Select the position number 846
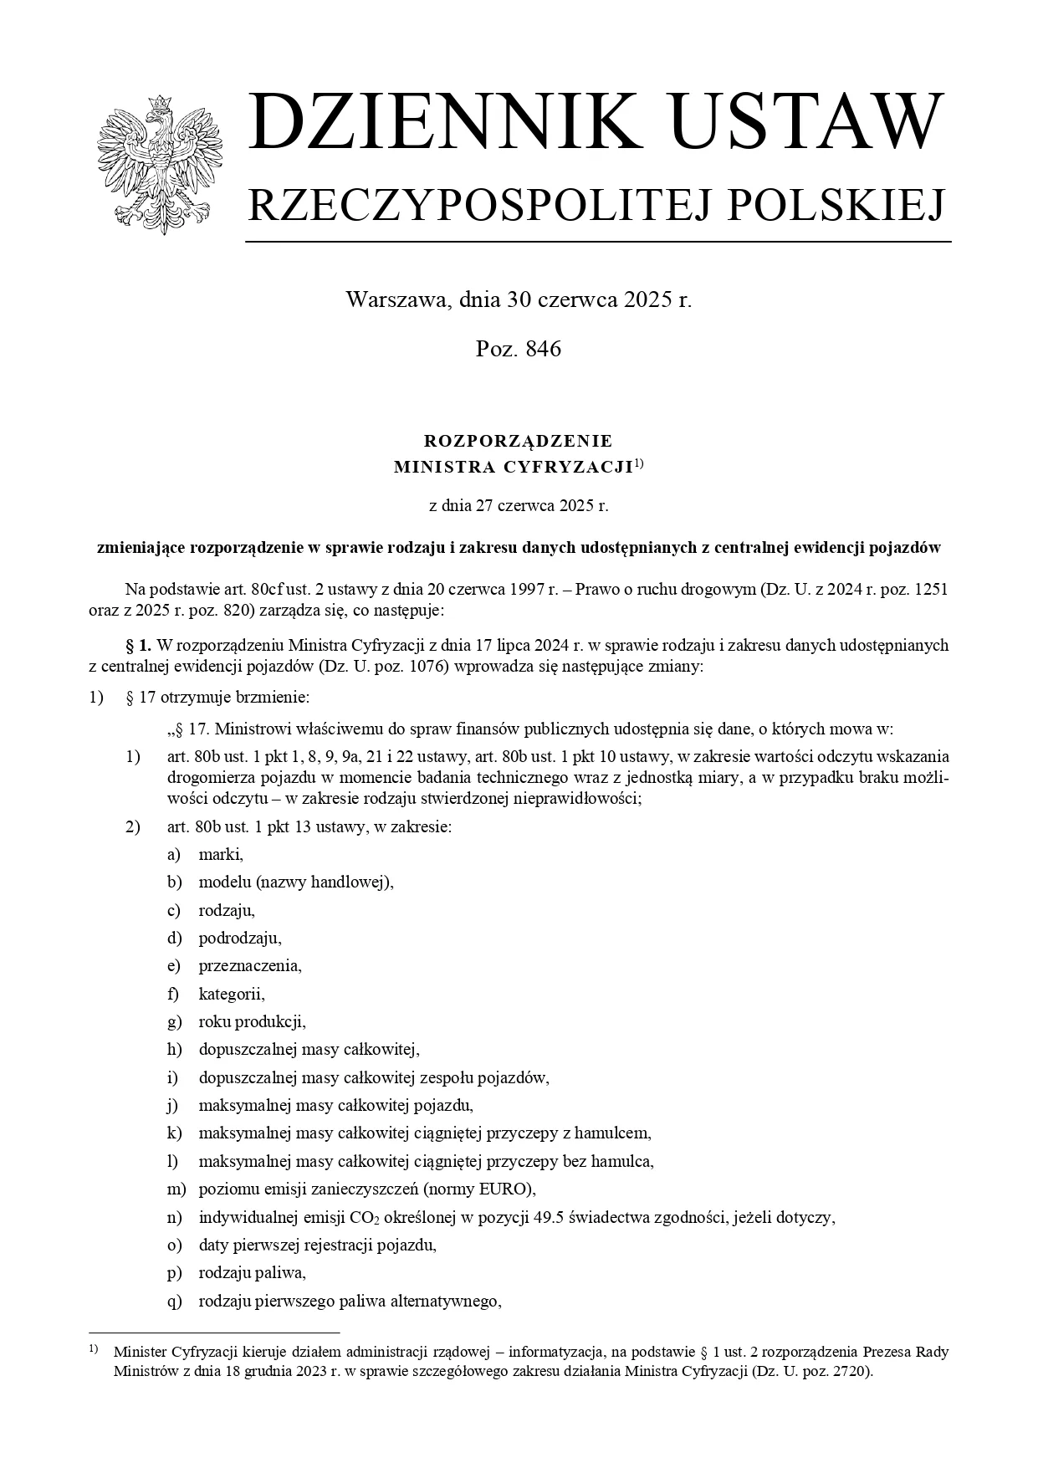click(x=544, y=350)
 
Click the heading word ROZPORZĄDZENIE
click(x=519, y=441)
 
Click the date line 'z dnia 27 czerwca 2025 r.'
click(x=519, y=506)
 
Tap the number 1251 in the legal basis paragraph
click(x=931, y=589)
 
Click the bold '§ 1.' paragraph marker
click(x=138, y=646)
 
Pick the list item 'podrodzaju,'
click(x=240, y=938)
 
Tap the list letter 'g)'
click(x=174, y=1021)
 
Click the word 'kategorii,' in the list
click(x=232, y=994)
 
